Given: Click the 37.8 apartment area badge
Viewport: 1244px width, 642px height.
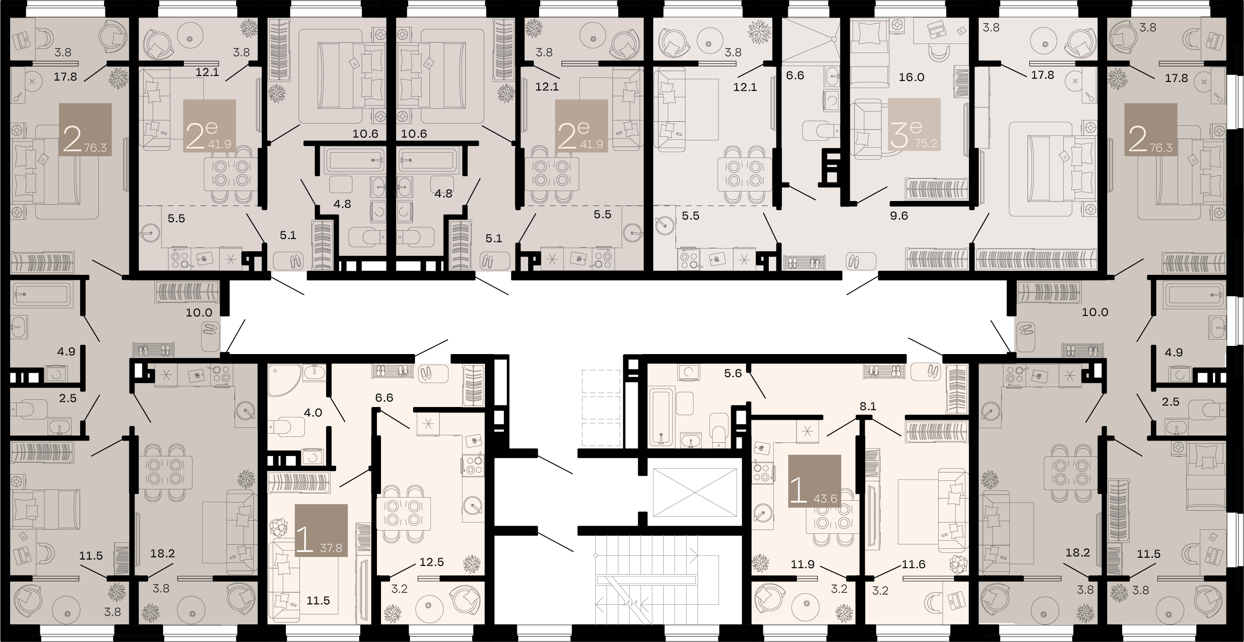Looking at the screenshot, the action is [321, 530].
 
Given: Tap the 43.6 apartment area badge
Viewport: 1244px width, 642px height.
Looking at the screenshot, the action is [815, 481].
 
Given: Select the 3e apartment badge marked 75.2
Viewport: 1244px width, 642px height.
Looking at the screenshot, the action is [914, 125].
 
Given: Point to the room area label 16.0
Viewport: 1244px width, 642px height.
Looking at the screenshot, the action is [911, 77].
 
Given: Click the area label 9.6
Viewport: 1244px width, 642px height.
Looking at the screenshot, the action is [899, 216].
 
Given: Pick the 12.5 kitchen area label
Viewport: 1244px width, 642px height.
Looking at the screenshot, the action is [431, 562].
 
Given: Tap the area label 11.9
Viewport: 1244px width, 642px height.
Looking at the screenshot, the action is [803, 564].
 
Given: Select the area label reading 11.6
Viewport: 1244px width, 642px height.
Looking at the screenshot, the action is [914, 564].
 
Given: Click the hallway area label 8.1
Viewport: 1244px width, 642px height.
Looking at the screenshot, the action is [868, 407].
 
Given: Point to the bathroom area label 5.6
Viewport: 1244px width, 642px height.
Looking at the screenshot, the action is [733, 373].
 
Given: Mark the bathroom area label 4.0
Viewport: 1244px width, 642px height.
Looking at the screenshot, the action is [313, 413].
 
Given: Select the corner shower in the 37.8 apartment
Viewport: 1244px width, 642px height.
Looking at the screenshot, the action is [284, 380].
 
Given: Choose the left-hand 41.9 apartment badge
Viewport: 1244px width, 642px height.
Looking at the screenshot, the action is [210, 126].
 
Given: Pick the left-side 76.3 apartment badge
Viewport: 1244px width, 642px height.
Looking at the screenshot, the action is [86, 130].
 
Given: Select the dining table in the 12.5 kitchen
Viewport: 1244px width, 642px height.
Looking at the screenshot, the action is [403, 513].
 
